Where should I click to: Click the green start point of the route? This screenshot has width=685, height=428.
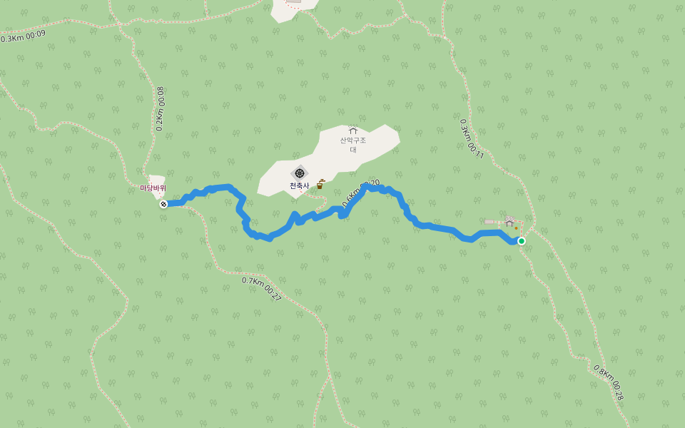click(522, 241)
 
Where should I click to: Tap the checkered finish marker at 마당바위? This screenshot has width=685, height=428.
click(163, 204)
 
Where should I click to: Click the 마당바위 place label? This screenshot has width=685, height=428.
click(153, 188)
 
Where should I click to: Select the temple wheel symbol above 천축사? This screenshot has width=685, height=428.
click(299, 173)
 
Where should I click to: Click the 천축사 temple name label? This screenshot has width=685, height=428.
click(299, 186)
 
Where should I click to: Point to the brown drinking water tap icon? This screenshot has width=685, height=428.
click(320, 185)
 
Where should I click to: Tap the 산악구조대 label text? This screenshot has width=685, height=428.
click(352, 144)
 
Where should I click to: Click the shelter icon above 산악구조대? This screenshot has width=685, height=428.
click(352, 131)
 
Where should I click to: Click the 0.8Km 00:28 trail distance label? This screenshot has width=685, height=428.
click(609, 382)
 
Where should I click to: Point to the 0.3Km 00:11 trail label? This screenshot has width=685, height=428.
click(472, 138)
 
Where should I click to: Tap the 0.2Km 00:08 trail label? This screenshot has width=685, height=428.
click(160, 109)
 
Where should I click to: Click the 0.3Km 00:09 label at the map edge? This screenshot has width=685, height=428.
click(23, 36)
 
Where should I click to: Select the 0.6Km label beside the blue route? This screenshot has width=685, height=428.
click(352, 196)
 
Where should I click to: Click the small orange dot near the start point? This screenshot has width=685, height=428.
click(516, 228)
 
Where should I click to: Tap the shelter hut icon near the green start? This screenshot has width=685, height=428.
click(509, 223)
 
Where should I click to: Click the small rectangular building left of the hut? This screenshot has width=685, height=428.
click(490, 222)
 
